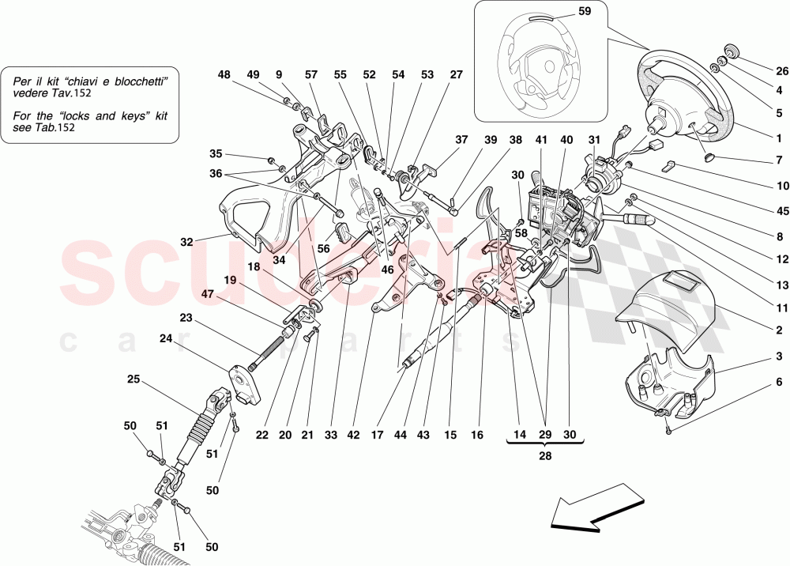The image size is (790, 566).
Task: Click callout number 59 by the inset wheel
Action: pos(584,13)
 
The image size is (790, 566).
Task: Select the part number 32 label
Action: pos(186,243)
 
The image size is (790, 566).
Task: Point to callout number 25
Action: pos(134,379)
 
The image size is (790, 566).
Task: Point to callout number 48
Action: pos(224,75)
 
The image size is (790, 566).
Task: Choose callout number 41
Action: pos(540,139)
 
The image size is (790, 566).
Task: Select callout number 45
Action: pos(781,211)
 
